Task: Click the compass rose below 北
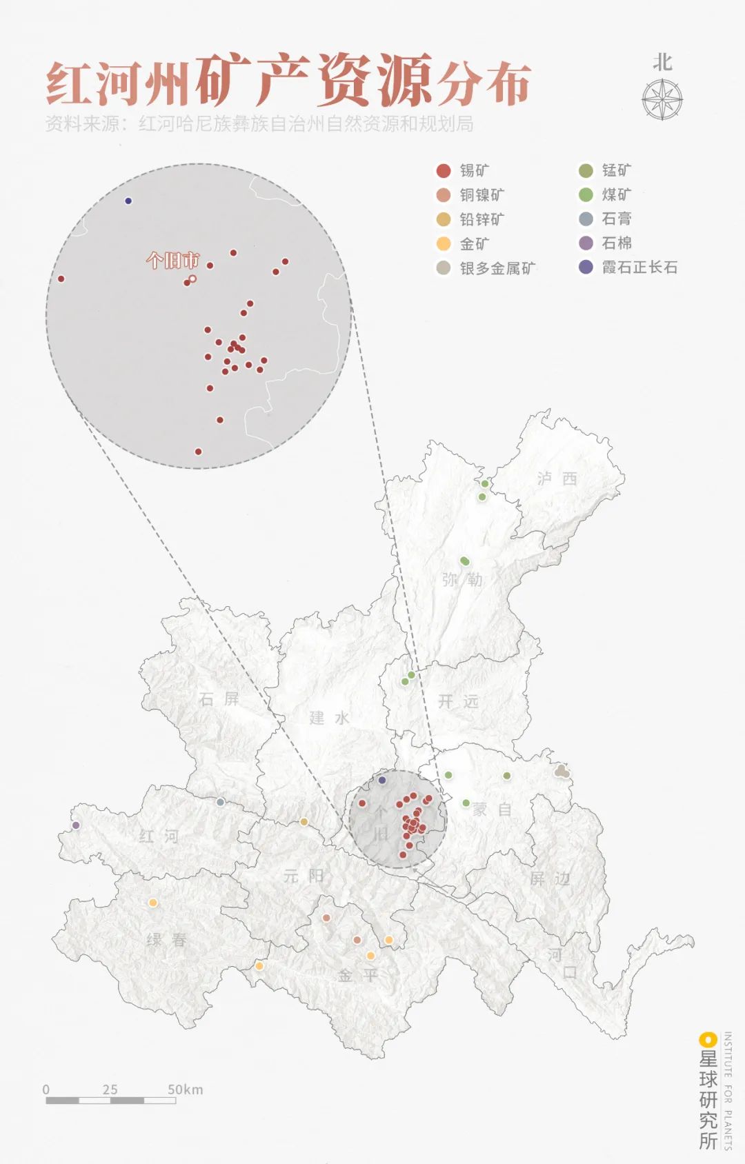coord(662,99)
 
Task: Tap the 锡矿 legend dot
coord(444,170)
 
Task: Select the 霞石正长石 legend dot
coord(586,268)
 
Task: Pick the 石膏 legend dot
coord(586,219)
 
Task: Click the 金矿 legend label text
coord(475,243)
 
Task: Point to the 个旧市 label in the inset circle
coord(172,261)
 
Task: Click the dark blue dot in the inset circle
coord(128,201)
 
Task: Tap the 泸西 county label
coord(557,479)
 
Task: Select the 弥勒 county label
coord(462,579)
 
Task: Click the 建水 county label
coord(329,718)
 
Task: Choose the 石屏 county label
coord(219,699)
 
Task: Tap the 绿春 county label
coord(166,939)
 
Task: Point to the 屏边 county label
coord(550,879)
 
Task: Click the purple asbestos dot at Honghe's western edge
coord(76,825)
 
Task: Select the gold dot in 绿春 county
coord(153,903)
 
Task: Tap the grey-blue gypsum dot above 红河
coord(220,802)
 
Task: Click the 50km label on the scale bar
coord(185,1090)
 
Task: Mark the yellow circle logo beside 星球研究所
coord(706,1039)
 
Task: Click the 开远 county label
coord(458,701)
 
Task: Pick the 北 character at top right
coord(662,63)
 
